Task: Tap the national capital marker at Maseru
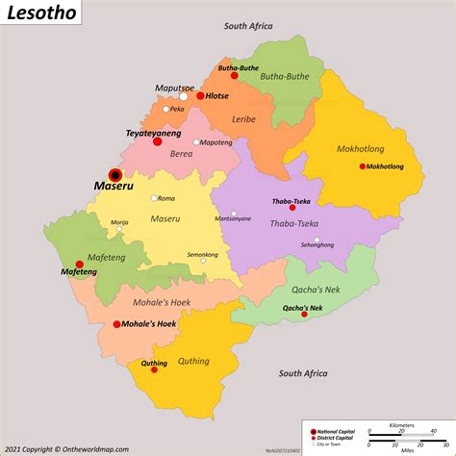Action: tap(115, 174)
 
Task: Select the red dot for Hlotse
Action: tap(200, 96)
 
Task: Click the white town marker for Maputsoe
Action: tap(183, 96)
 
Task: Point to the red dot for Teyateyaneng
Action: tap(157, 141)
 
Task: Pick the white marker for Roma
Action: tap(153, 198)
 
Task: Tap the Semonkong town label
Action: tap(202, 254)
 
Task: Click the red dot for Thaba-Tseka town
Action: tap(292, 207)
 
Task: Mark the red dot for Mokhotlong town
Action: tap(363, 166)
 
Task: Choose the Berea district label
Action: tap(182, 153)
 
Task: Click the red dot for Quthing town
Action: tap(154, 369)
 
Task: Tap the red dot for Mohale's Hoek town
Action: tap(116, 324)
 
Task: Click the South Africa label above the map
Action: tap(249, 28)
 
